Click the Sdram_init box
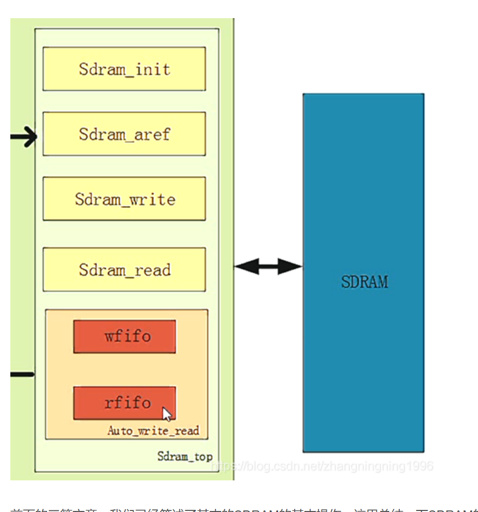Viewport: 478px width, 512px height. [124, 69]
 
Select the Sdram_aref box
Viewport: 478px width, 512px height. [124, 134]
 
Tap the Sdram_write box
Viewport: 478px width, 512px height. [124, 199]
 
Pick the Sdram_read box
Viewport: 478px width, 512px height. [124, 269]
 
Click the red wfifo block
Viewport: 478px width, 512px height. [124, 336]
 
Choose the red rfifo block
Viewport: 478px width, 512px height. [124, 403]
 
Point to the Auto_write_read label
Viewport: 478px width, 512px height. [153, 431]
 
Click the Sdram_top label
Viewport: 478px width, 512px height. [185, 457]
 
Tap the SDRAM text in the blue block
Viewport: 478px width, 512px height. [364, 282]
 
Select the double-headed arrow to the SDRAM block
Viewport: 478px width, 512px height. [268, 266]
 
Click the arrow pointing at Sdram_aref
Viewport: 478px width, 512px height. [24, 137]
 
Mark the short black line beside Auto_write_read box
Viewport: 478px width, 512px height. [22, 374]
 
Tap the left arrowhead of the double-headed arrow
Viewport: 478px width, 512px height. [244, 266]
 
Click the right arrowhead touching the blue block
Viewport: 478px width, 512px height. [292, 266]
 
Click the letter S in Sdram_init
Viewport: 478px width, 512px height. [84, 69]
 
